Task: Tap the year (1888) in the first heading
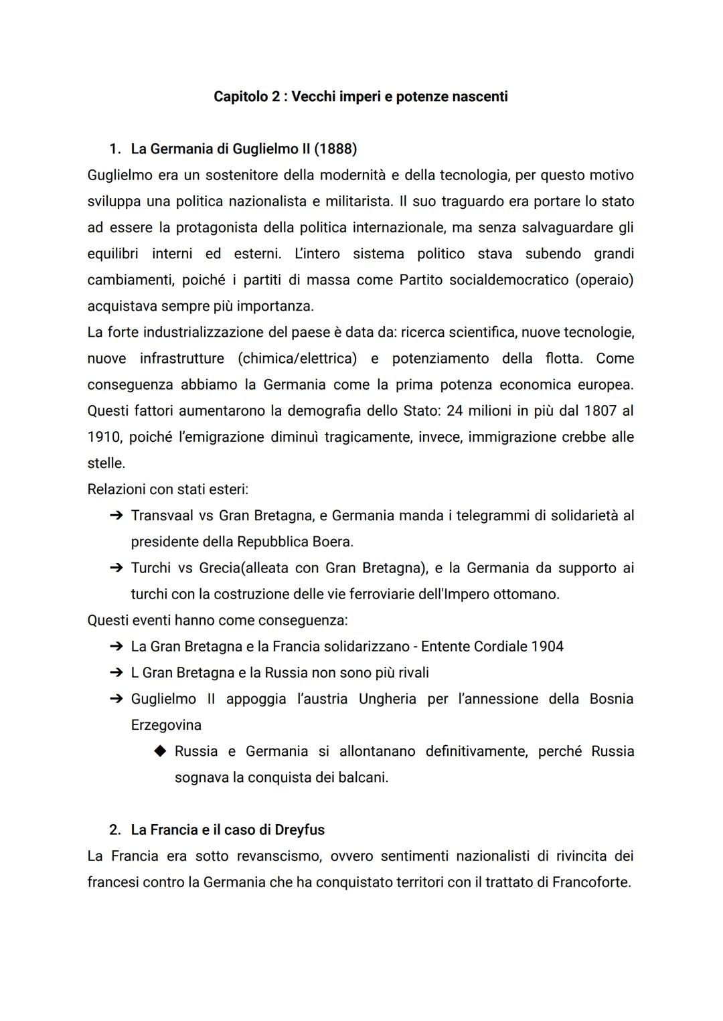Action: click(335, 149)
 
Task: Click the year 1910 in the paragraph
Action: click(103, 437)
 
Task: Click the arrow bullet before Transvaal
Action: click(116, 516)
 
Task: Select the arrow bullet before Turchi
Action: click(116, 568)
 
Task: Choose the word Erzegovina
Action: click(166, 725)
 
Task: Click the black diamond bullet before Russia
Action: click(159, 751)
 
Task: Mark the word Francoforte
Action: click(591, 882)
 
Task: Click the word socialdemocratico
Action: click(508, 280)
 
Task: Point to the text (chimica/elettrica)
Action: click(297, 358)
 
